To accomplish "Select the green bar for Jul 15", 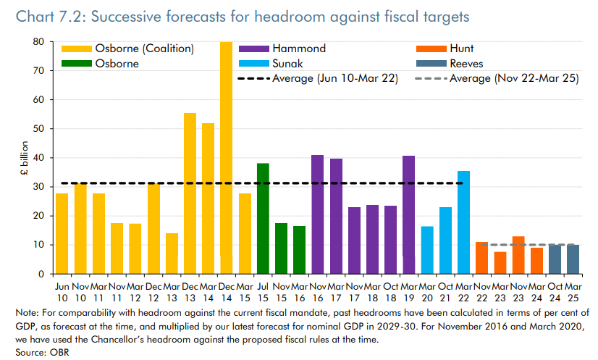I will click(x=263, y=218).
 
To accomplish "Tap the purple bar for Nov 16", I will click(x=317, y=214).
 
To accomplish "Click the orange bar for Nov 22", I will click(x=481, y=258).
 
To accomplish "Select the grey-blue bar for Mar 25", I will click(x=573, y=259).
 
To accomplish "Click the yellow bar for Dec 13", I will click(x=190, y=193).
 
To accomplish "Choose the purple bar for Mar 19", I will click(x=409, y=214).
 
